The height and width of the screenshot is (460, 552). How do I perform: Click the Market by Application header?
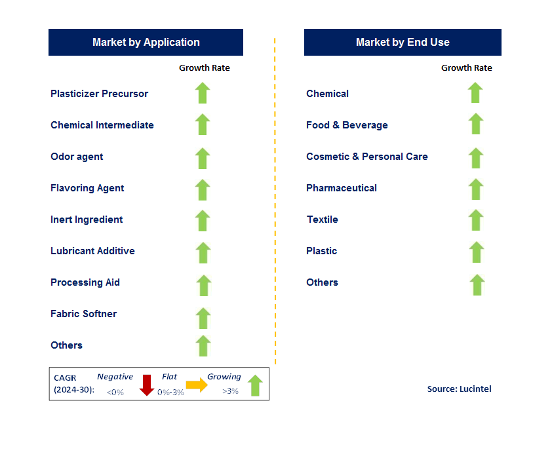[146, 42]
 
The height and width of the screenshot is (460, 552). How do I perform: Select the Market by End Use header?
[403, 42]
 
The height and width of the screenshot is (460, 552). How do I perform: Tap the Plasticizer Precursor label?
[99, 94]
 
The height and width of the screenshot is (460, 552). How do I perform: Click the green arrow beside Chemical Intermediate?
[203, 125]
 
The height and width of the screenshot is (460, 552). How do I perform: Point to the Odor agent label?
[77, 157]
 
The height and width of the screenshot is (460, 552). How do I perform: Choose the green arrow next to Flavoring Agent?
[203, 190]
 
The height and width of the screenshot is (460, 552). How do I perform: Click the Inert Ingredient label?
[87, 220]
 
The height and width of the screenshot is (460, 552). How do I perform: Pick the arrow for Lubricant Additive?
[203, 253]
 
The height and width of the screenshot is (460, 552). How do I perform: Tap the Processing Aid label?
[85, 282]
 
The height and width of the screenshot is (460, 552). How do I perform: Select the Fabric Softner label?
[83, 314]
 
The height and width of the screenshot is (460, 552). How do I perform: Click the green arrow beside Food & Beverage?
[476, 124]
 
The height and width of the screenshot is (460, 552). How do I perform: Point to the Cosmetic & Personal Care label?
[367, 157]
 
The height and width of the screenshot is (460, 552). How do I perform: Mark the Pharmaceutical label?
[342, 188]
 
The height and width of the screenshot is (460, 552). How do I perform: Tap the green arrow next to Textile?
[476, 220]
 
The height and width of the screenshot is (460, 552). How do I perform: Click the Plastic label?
[321, 251]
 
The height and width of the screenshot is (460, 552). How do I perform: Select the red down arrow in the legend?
[146, 385]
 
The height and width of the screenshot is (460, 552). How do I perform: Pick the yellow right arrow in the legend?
[197, 385]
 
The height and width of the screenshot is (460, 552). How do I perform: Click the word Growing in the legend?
[224, 377]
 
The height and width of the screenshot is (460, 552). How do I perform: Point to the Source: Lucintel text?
[459, 389]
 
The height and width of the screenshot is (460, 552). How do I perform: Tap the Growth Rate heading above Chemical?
[467, 68]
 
